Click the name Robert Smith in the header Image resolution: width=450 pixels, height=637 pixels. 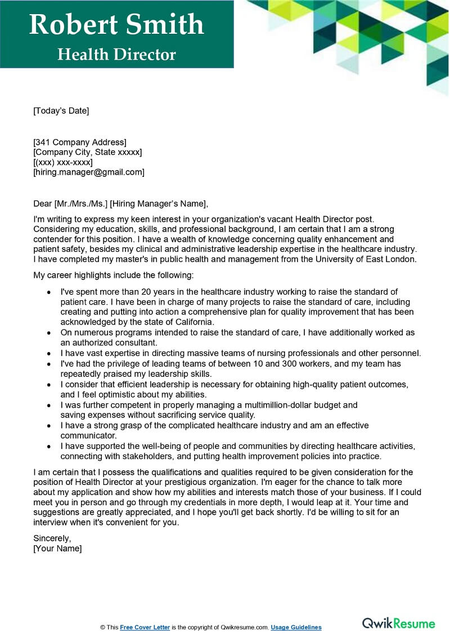click(x=116, y=25)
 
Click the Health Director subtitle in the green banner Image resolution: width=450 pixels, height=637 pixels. click(x=116, y=55)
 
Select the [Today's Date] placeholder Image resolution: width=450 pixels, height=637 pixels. click(x=61, y=111)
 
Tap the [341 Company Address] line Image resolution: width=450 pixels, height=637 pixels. click(x=80, y=142)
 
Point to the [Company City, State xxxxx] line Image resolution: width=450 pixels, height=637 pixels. click(x=88, y=152)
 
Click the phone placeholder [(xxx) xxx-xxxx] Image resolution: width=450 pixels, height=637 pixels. click(x=63, y=162)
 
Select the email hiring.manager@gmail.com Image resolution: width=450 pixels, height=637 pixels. click(x=89, y=172)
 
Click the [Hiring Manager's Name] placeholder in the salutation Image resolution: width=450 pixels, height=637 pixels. click(x=159, y=204)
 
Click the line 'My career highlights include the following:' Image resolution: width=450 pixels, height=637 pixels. click(x=113, y=275)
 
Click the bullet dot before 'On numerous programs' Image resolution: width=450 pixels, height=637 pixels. click(x=49, y=333)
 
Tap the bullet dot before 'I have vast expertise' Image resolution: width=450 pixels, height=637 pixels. click(x=49, y=354)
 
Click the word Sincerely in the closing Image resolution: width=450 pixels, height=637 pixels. click(x=52, y=538)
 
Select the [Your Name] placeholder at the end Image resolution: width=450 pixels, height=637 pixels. click(x=57, y=549)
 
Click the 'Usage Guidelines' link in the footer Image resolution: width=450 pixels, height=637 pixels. click(x=296, y=627)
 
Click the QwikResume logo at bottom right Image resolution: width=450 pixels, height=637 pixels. click(x=398, y=623)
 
